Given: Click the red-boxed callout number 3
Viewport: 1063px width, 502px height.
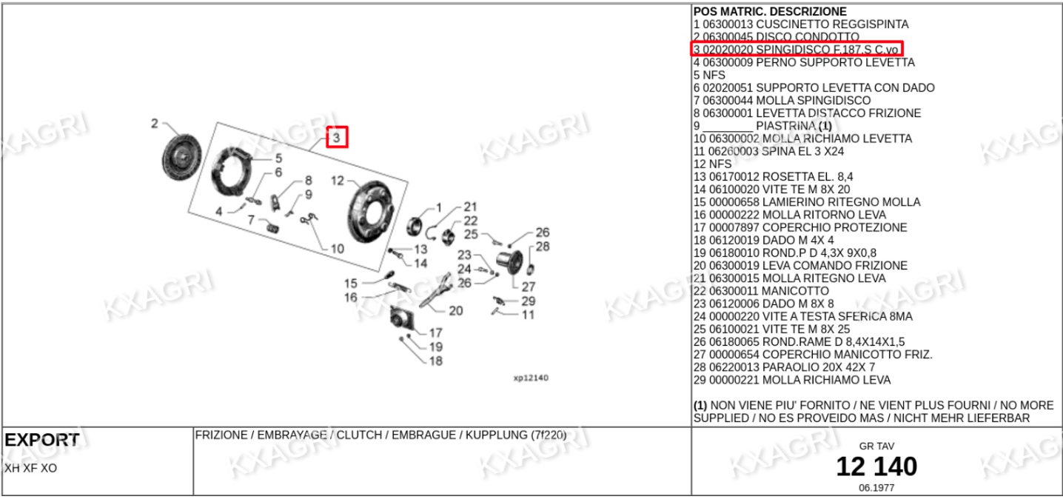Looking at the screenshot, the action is [x=337, y=138].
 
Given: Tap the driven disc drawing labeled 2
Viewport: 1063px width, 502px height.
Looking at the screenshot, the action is [x=181, y=156].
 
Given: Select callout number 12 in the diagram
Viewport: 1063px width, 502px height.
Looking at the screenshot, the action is [x=338, y=181].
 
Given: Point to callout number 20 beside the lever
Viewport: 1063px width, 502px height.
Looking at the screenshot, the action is [x=455, y=311].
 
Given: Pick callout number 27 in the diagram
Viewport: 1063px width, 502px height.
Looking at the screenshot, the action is [x=529, y=287].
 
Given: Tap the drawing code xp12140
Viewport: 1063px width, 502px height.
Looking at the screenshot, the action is [x=531, y=378].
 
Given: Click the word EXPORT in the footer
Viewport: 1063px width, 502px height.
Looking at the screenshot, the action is [x=41, y=440].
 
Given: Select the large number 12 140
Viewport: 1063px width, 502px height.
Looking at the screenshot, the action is [x=876, y=466].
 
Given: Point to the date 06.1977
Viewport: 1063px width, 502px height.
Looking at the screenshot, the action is [x=876, y=488].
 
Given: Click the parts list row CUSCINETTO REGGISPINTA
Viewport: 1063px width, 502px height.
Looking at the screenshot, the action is [x=801, y=24].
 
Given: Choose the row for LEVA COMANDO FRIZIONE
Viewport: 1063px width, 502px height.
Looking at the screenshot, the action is [x=800, y=266].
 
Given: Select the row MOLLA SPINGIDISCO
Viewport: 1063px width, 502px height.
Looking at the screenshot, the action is [x=782, y=101].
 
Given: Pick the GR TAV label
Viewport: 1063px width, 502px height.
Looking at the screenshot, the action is [x=876, y=446].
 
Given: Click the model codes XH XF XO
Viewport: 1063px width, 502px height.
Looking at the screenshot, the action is [x=31, y=469].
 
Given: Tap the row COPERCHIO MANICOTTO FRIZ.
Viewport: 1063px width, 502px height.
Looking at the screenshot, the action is [x=813, y=355].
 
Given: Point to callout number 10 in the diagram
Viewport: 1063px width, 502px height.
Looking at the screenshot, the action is [x=337, y=249].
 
